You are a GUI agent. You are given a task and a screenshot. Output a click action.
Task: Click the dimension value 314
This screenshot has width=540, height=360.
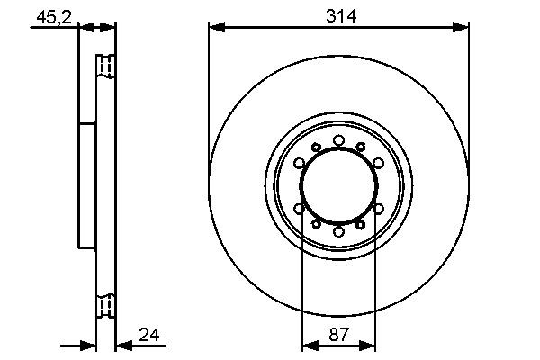pyautogui.click(x=338, y=15)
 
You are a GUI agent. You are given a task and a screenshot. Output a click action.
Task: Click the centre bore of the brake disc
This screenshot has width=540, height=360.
pyautogui.click(x=338, y=186)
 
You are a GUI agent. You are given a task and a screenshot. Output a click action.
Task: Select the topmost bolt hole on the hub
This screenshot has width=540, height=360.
pyautogui.click(x=338, y=139)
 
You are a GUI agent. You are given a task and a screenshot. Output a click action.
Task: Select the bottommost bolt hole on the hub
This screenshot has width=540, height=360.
pyautogui.click(x=338, y=232)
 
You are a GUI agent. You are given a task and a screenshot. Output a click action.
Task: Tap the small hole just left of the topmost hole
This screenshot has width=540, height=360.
pyautogui.click(x=317, y=147)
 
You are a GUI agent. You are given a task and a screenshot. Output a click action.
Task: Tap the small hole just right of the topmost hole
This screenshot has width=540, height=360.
pyautogui.click(x=360, y=147)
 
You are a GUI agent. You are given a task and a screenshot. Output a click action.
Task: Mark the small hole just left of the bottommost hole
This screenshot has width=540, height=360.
pyautogui.click(x=317, y=226)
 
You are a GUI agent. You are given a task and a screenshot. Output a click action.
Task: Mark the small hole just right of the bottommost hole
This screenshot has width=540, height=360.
pyautogui.click(x=360, y=226)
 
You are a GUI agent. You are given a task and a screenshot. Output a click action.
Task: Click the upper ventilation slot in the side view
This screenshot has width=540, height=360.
pyautogui.click(x=106, y=67)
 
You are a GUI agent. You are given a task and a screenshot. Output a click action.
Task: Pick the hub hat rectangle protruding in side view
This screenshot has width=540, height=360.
pyautogui.click(x=87, y=186)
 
